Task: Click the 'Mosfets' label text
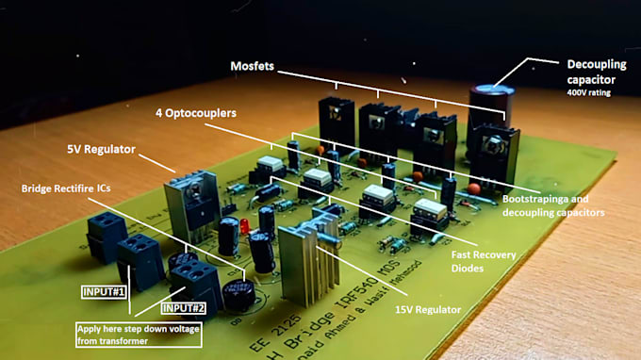256,67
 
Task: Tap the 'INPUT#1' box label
106,292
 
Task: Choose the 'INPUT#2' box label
184,307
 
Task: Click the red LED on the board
244,227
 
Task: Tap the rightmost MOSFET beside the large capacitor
491,151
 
